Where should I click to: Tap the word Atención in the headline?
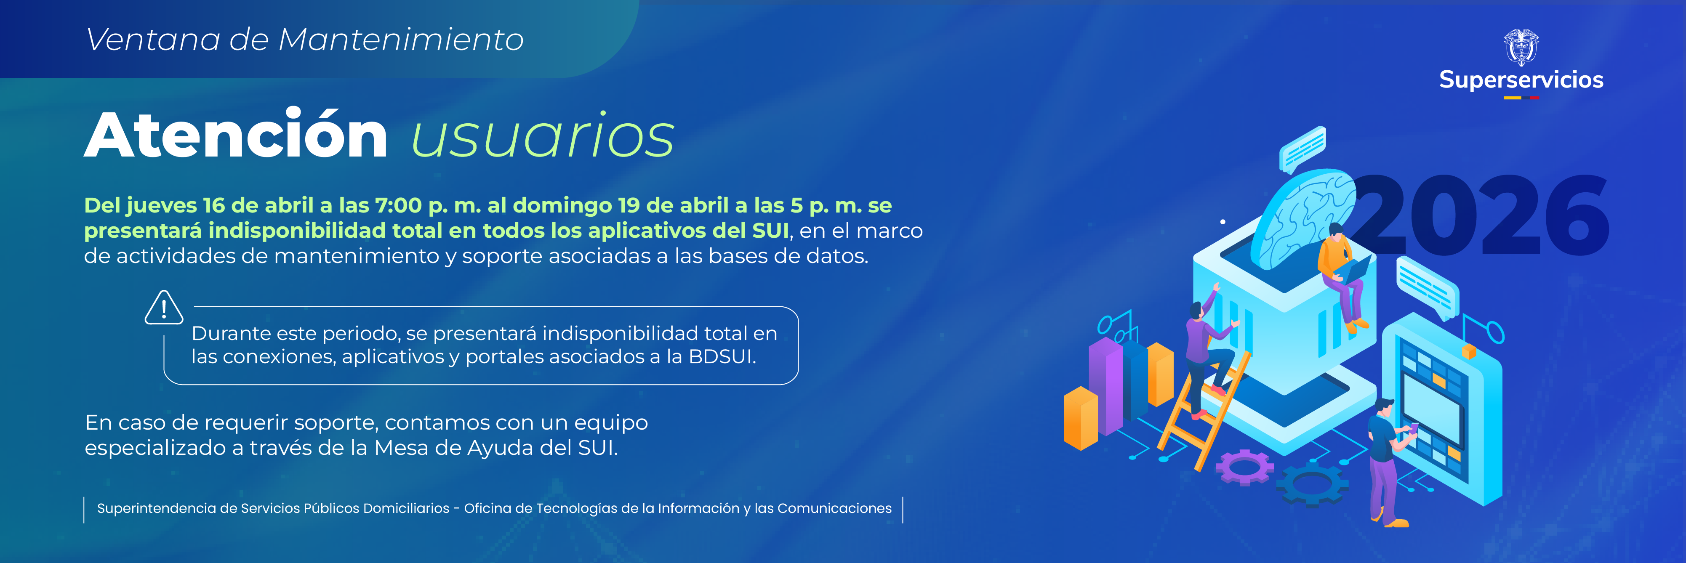236,135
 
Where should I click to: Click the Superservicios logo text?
1521,80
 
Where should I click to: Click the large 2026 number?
1479,216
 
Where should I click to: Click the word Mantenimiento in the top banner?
400,40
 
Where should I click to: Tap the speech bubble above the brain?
1302,147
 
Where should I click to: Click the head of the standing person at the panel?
1383,408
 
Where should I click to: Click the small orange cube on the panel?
1469,351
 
